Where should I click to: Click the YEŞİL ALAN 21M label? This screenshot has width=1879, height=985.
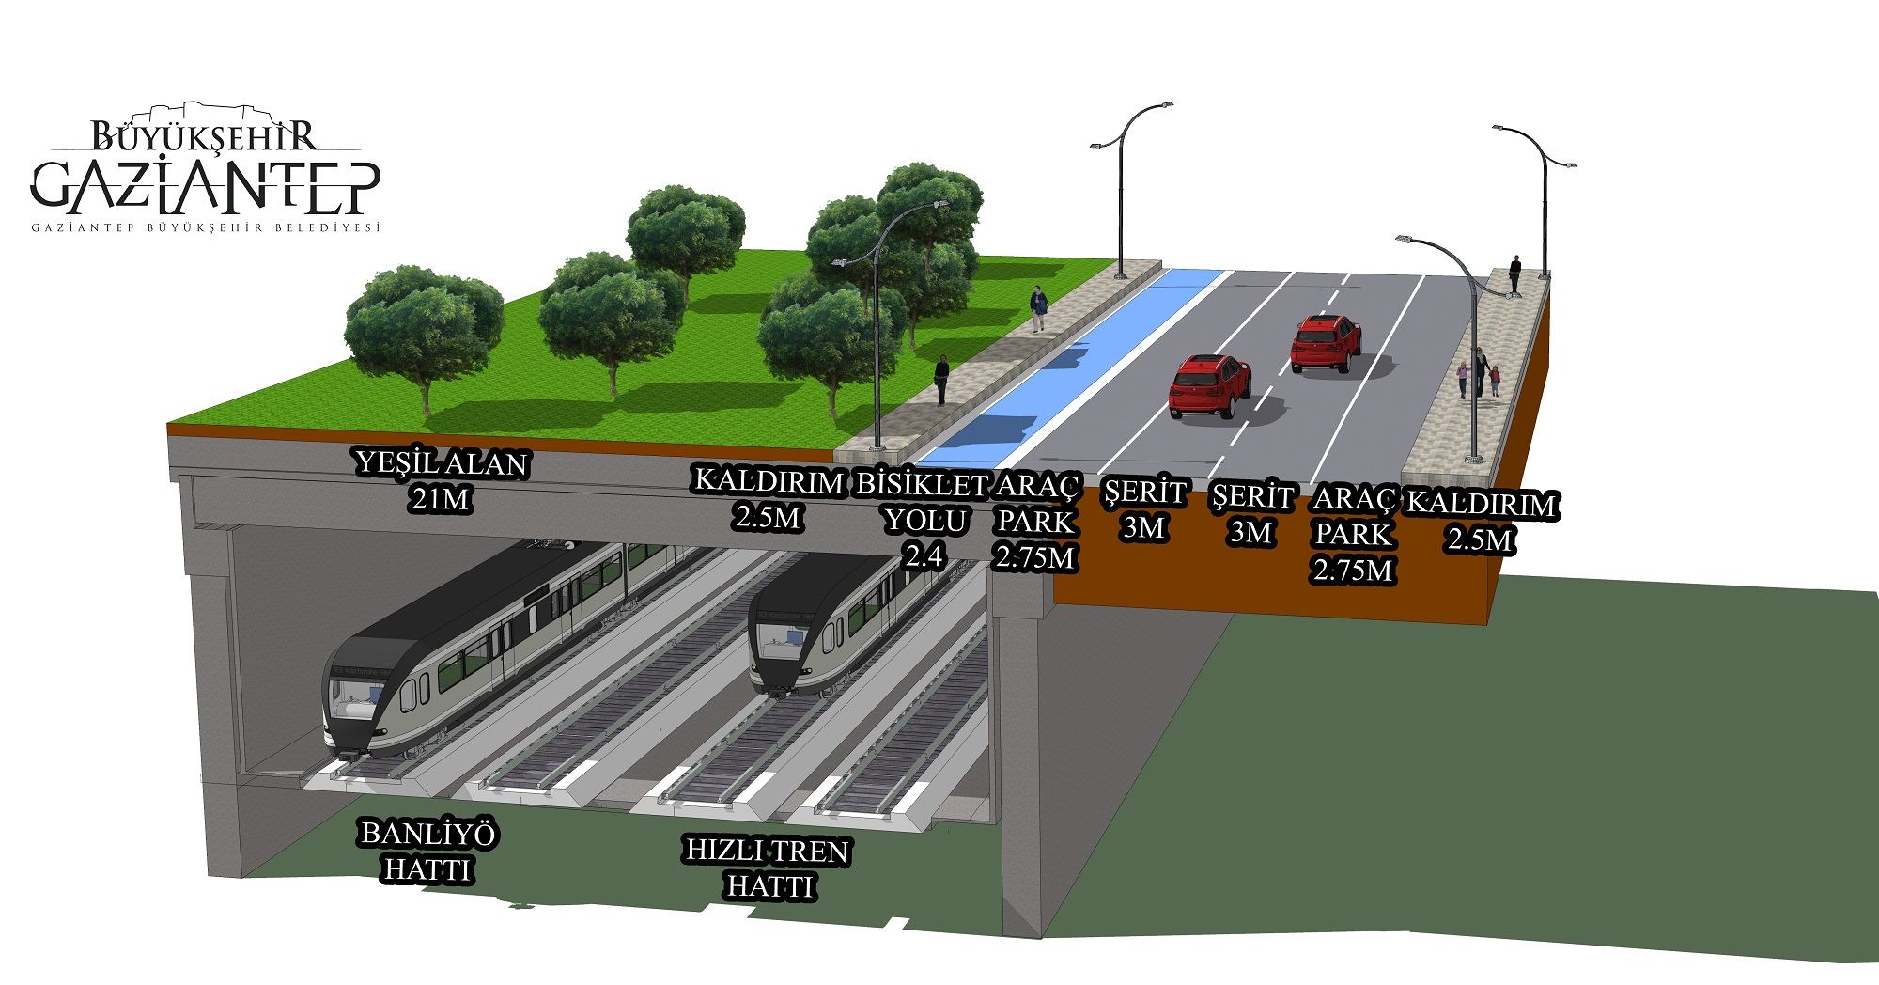click(x=441, y=480)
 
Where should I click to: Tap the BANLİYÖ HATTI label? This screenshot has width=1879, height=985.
click(x=428, y=851)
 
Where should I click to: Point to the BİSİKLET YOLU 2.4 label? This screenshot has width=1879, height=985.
click(x=923, y=522)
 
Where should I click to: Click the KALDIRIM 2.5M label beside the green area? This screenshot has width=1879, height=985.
click(x=769, y=498)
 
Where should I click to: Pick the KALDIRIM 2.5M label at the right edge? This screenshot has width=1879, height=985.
click(x=1482, y=521)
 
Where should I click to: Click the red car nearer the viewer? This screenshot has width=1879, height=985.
click(x=1209, y=385)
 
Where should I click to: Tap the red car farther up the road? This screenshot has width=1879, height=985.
click(x=1326, y=343)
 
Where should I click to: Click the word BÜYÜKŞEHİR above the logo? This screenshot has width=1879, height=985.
click(x=205, y=137)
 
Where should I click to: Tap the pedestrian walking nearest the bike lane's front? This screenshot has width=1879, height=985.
click(x=941, y=380)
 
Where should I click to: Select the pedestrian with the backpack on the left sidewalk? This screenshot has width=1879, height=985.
click(x=1037, y=307)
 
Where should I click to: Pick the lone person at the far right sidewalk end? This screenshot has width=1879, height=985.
click(x=1514, y=274)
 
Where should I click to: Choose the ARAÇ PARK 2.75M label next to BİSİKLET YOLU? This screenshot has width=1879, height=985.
click(x=1035, y=522)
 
